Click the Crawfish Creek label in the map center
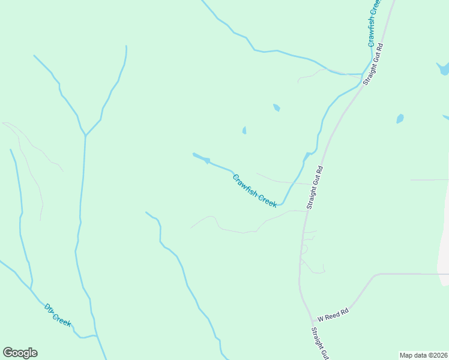[x=255, y=191]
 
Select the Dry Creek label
[x=58, y=315]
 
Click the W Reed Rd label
[x=333, y=314]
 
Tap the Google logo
[x=20, y=353]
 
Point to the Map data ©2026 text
[x=423, y=355]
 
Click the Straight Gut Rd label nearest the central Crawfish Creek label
[x=315, y=187]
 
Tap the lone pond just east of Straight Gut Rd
[x=400, y=119]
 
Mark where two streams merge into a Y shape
[x=85, y=136]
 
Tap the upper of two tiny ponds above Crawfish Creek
[x=276, y=107]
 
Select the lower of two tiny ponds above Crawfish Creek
[x=244, y=130]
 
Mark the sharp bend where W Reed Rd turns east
[x=375, y=275]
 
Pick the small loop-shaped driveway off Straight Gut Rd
[x=304, y=248]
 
